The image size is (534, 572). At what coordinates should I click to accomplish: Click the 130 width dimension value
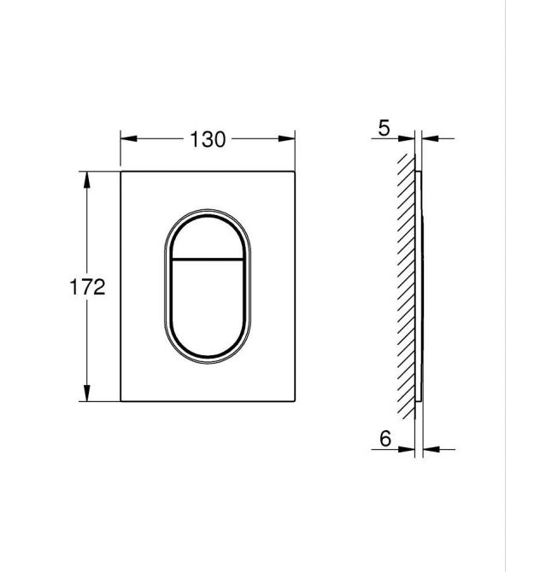[208, 139]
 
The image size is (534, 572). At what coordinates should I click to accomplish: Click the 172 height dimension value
[87, 287]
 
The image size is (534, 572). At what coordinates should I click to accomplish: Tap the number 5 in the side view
[384, 128]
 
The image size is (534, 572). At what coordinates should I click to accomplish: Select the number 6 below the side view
[385, 439]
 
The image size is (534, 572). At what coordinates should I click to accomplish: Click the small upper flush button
[208, 238]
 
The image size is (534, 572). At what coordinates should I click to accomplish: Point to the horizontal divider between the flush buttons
[208, 260]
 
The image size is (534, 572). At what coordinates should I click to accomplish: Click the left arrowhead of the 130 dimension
[128, 138]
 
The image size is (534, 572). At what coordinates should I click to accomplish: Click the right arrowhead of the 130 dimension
[286, 138]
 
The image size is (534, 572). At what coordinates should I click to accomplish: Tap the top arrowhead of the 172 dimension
[87, 180]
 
